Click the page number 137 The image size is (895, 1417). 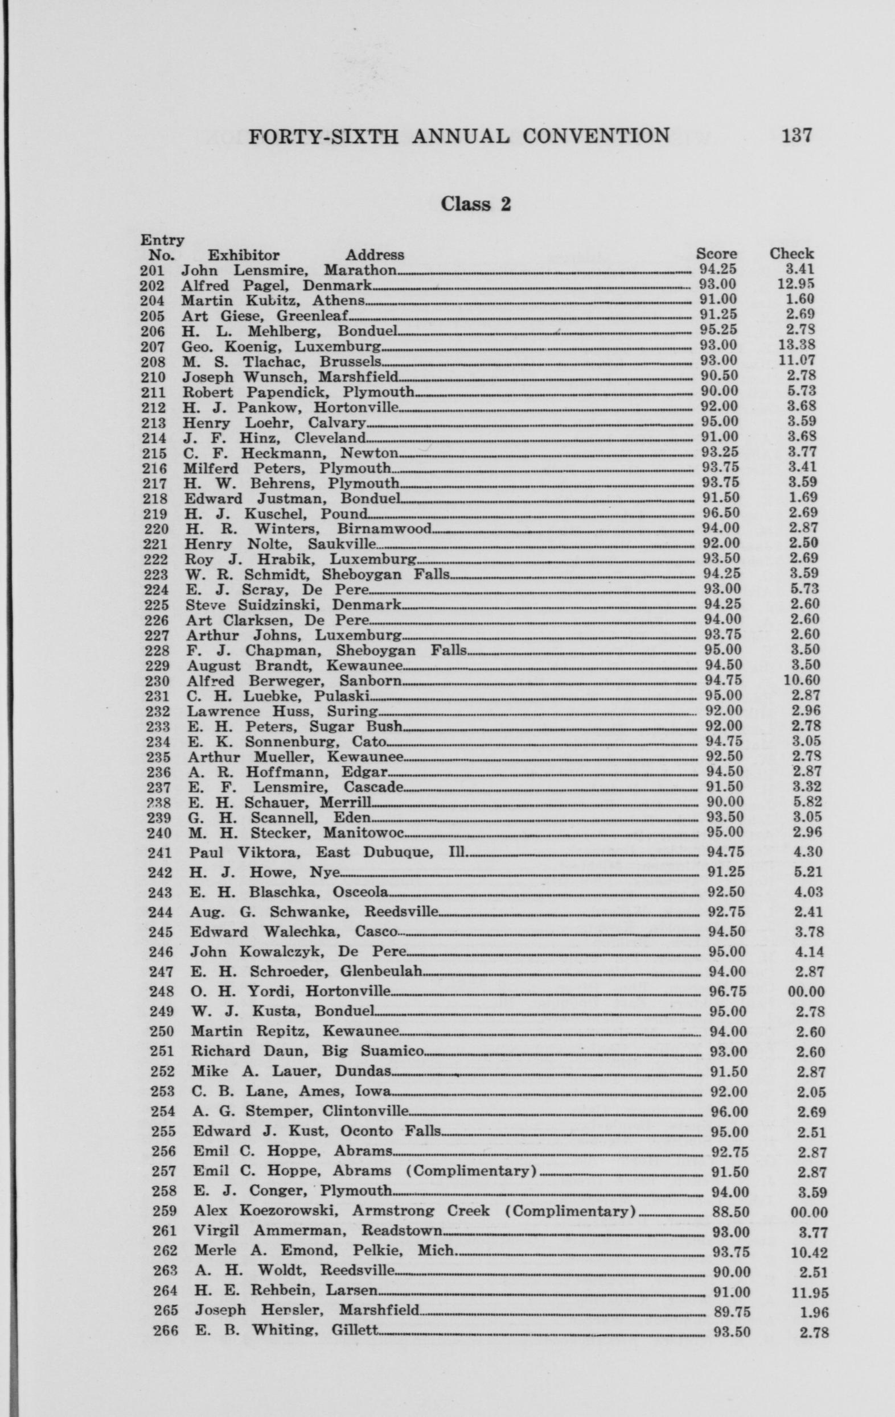pyautogui.click(x=796, y=136)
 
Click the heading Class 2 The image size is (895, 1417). pyautogui.click(x=476, y=204)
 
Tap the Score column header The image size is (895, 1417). pyautogui.click(x=716, y=254)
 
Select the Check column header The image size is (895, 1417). pyautogui.click(x=791, y=254)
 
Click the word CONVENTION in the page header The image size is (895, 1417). pyautogui.click(x=596, y=136)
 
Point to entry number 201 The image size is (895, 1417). pyautogui.click(x=153, y=271)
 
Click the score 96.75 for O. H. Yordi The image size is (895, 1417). pyautogui.click(x=727, y=991)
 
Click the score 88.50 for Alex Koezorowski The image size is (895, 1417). pyautogui.click(x=730, y=1212)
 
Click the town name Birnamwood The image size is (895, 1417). pyautogui.click(x=384, y=528)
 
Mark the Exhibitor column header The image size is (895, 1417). pyautogui.click(x=243, y=255)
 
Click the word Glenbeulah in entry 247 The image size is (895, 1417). pyautogui.click(x=381, y=971)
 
